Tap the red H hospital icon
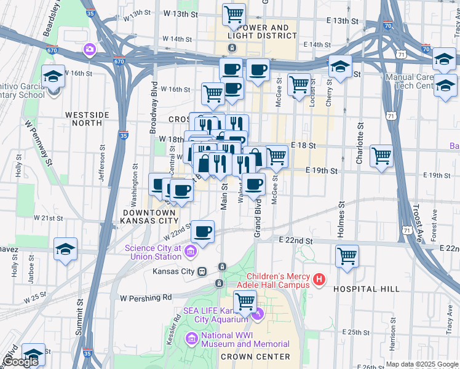(x=319, y=280)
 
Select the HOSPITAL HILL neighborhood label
(x=367, y=288)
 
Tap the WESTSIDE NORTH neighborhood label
(x=84, y=119)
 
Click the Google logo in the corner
(x=20, y=362)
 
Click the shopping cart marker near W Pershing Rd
(x=245, y=302)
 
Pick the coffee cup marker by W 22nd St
(x=202, y=232)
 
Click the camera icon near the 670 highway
(x=90, y=49)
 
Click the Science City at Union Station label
(x=154, y=252)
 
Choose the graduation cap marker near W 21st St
(x=65, y=249)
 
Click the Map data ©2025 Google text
(x=422, y=364)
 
